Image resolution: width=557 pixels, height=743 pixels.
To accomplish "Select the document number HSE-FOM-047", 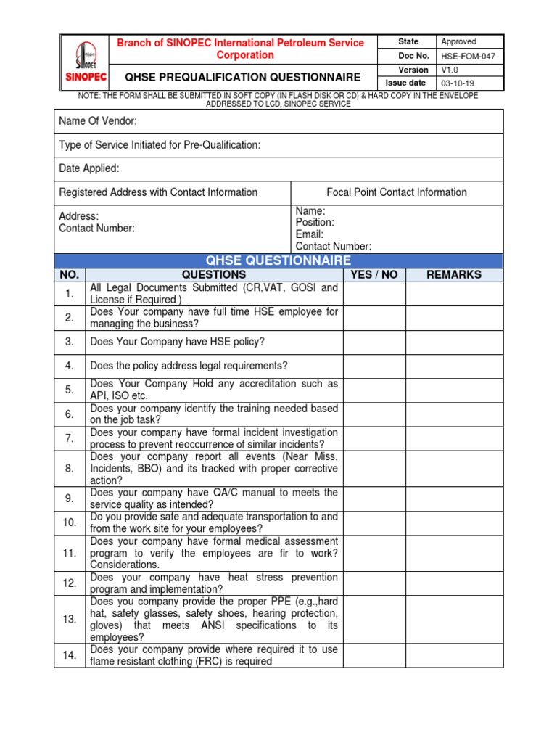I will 468,56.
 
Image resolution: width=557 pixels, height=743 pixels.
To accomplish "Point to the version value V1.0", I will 450,70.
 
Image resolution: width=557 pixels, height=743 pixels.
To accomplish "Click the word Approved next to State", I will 458,42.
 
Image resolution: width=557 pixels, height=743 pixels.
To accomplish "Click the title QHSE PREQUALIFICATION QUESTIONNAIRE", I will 243,76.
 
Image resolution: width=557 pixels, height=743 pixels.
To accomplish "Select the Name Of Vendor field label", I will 98,120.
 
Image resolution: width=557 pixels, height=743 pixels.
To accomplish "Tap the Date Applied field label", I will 89,168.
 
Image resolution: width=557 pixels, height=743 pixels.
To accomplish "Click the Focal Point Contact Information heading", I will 397,192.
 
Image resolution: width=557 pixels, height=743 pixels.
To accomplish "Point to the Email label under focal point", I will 309,234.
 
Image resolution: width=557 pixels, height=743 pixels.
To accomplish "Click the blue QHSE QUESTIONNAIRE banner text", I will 278,260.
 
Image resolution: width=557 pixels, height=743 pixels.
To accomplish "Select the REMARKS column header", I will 454,275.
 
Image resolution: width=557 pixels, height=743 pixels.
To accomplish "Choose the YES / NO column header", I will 374,275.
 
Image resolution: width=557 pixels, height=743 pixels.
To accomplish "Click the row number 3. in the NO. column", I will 70,342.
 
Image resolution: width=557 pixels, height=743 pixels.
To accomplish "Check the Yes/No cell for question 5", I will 374,390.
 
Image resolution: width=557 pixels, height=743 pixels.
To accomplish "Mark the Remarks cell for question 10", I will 454,522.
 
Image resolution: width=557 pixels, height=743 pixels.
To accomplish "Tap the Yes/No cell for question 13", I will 374,620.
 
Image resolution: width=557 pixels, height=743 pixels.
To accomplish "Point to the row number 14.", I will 70,655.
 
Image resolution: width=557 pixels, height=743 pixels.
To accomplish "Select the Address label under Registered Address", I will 78,216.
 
